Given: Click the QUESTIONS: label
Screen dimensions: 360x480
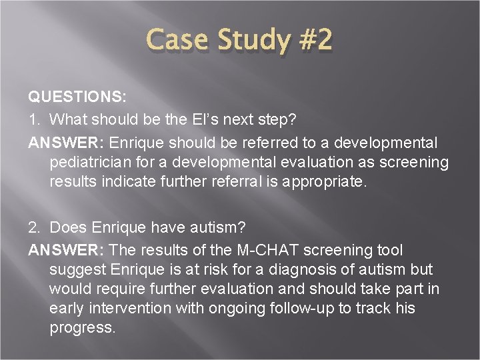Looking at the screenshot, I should pos(77,97).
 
